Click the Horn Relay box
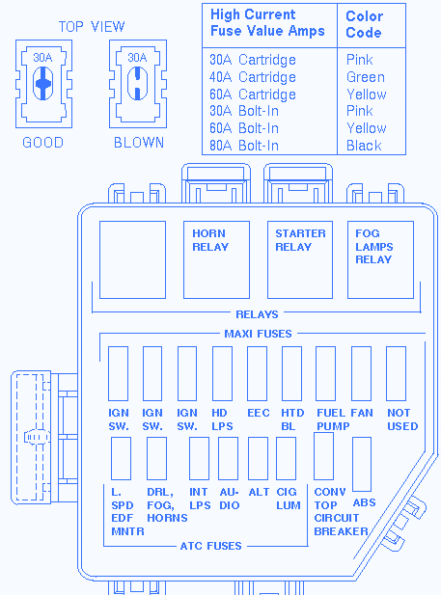click(x=216, y=260)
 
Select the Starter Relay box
click(x=300, y=260)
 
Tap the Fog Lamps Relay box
click(x=380, y=260)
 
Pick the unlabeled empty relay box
click(x=132, y=260)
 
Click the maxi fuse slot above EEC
click(x=257, y=373)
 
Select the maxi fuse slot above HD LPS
click(x=222, y=373)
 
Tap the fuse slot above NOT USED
click(x=396, y=373)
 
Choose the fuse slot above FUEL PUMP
click(x=325, y=373)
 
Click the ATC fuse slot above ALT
click(x=258, y=458)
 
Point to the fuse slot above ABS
click(x=362, y=464)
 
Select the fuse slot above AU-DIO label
click(x=229, y=458)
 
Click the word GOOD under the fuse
click(x=42, y=143)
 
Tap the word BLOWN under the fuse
click(x=139, y=143)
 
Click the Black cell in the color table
click(x=364, y=146)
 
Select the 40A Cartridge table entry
click(x=253, y=77)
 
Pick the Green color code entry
click(x=366, y=77)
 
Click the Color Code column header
click(x=364, y=24)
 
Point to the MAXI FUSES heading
click(x=258, y=334)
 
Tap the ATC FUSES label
click(x=210, y=546)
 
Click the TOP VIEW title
click(x=92, y=27)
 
